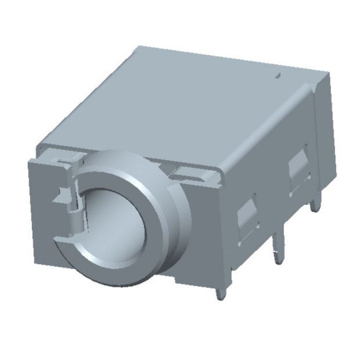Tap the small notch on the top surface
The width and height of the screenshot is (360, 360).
(x=278, y=75)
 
